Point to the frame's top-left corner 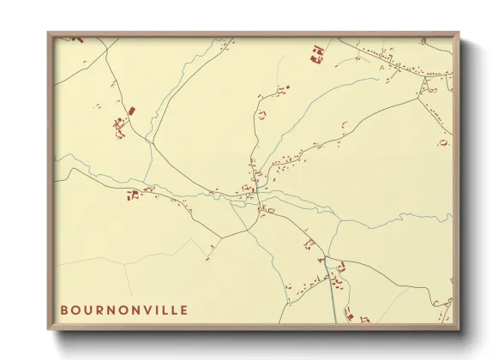click(x=48, y=33)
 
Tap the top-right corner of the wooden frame click(x=459, y=33)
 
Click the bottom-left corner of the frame click(x=48, y=330)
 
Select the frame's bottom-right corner click(x=459, y=330)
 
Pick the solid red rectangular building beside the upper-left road click(x=132, y=111)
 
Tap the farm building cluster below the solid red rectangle click(x=120, y=129)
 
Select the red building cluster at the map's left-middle click(x=133, y=196)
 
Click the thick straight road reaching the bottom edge click(x=333, y=304)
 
